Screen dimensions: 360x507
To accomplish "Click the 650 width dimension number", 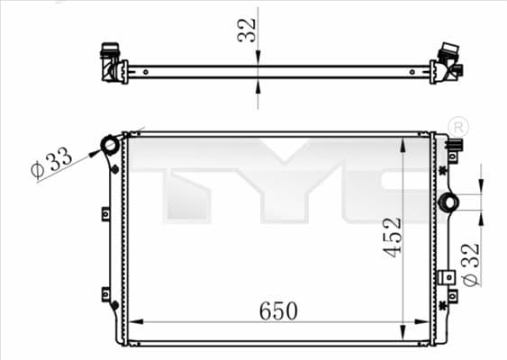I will click(x=279, y=310).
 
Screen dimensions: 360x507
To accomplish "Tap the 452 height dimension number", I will click(x=393, y=237).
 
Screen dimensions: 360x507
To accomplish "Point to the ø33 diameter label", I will click(x=51, y=165).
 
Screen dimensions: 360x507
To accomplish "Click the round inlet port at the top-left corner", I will click(x=110, y=144).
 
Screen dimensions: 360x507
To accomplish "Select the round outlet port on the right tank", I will click(x=448, y=202).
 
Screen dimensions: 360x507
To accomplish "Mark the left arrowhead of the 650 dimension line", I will click(x=135, y=322).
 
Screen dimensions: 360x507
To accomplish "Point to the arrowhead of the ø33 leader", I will click(x=97, y=150).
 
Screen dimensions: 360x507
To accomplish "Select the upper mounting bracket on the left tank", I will click(x=105, y=214).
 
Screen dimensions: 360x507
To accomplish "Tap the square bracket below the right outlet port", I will click(x=446, y=278).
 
